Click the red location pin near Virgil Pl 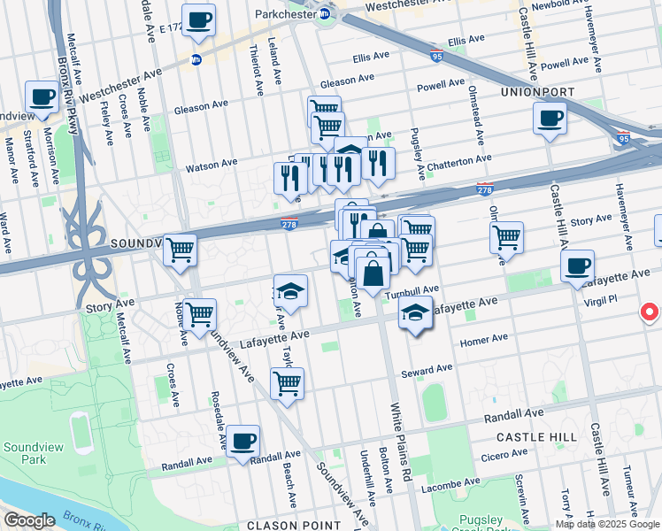click(x=649, y=312)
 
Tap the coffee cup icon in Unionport click(x=549, y=118)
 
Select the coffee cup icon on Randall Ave click(x=242, y=441)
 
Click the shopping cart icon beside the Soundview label click(x=180, y=250)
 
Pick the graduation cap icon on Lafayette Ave click(x=414, y=313)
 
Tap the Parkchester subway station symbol click(x=324, y=14)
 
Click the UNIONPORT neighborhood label click(x=537, y=92)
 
